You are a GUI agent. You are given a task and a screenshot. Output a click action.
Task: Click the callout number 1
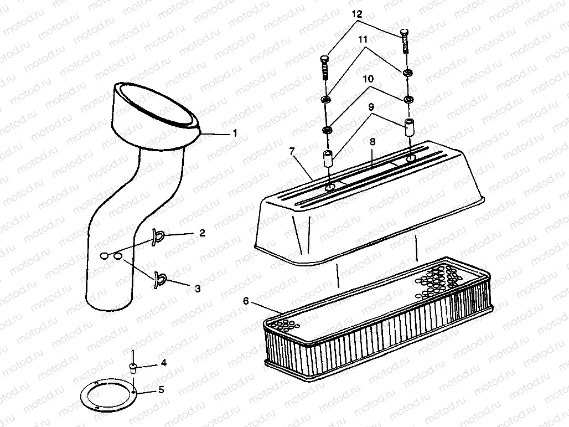coord(234,133)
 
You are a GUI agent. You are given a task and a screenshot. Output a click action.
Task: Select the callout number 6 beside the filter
coord(246,301)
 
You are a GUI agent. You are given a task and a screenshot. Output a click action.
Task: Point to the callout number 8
coord(373,142)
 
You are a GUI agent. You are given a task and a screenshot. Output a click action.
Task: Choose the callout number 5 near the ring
coord(161,390)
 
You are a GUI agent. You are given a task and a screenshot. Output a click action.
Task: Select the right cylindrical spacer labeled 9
coord(410,127)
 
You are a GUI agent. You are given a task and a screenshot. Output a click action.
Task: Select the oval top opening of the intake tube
coord(157,105)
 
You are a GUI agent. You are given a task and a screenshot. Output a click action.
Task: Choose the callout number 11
coord(363,40)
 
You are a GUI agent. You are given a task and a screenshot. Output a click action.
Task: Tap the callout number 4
coord(163,363)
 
